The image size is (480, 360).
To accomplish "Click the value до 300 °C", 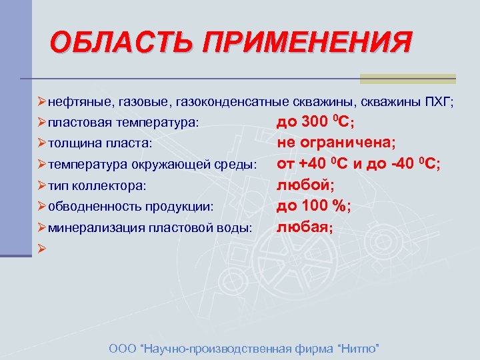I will (315, 123).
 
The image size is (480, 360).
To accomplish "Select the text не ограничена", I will (337, 143).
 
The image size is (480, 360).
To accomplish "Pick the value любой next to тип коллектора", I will (302, 185).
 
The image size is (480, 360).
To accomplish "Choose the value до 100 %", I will (313, 206).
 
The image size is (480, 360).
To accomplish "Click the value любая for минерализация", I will (304, 227).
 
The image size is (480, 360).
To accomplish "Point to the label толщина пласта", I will (100, 143).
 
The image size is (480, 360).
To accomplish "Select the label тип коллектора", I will (97, 185).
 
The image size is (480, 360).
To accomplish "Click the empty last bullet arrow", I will (41, 248).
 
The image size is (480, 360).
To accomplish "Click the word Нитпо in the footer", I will (361, 349).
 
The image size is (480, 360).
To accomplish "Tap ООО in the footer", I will (119, 349).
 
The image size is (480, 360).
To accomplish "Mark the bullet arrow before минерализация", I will (41, 227).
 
